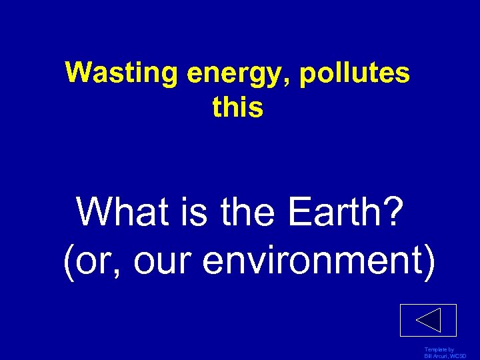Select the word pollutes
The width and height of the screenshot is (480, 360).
click(355, 73)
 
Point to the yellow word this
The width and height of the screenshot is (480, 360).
click(238, 107)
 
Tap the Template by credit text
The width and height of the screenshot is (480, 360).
click(439, 350)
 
